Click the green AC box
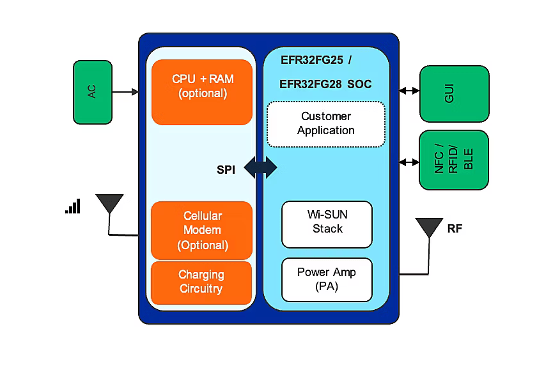(93, 92)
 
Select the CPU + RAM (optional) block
(202, 92)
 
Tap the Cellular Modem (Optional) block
(202, 230)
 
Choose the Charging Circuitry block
(201, 282)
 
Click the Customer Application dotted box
(326, 123)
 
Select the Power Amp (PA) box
(327, 280)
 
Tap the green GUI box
(454, 93)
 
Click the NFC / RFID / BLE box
(454, 160)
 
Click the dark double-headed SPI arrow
(260, 167)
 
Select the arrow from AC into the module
(125, 92)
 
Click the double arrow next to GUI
(409, 91)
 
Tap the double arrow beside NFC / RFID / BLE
(409, 162)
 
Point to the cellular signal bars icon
(73, 206)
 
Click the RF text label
(455, 229)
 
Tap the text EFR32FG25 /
(316, 61)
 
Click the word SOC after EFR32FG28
(359, 84)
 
